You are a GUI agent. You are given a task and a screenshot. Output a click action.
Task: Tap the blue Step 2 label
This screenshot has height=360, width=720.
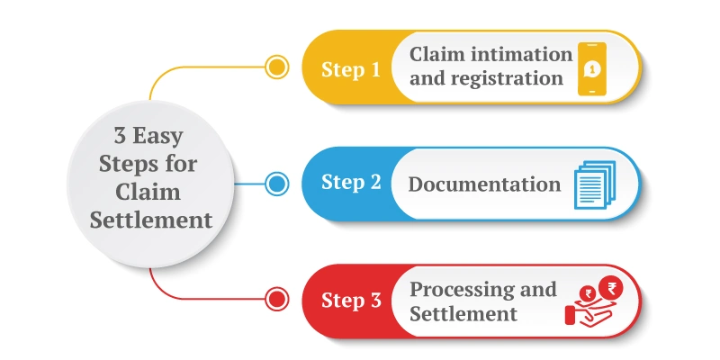click(x=350, y=184)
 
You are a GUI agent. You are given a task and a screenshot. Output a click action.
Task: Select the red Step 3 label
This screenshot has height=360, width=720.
click(x=350, y=301)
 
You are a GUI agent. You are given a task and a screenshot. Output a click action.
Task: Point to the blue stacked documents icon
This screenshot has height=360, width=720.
click(x=594, y=184)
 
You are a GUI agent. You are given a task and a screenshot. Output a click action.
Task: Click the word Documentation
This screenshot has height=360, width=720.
click(x=484, y=184)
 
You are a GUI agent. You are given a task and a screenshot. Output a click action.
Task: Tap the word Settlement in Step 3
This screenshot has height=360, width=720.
click(x=463, y=314)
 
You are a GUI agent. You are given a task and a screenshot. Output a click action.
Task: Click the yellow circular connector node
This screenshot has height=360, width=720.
click(x=277, y=67)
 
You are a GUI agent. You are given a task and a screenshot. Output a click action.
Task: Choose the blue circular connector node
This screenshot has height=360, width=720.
click(x=277, y=184)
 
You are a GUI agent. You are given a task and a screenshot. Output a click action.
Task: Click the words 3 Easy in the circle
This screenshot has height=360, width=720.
click(x=148, y=138)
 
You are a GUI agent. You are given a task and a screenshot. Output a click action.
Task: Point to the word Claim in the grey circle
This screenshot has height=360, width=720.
click(x=148, y=192)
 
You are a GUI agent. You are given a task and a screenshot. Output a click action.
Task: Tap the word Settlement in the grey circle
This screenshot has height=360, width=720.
click(x=148, y=220)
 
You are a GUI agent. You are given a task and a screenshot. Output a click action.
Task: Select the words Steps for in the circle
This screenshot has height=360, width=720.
click(x=148, y=165)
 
